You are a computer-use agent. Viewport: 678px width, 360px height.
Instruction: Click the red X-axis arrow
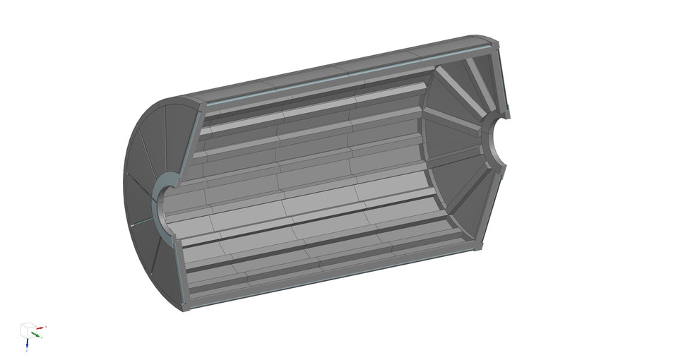point(40,328)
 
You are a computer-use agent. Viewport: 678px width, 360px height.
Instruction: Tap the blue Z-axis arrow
point(27,344)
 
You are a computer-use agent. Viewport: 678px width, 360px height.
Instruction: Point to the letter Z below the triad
point(26,351)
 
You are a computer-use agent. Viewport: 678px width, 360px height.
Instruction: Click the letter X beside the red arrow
point(47,326)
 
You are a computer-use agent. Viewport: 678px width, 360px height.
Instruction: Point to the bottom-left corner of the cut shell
point(185,308)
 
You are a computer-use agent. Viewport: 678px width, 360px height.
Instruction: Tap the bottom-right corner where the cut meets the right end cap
point(477,247)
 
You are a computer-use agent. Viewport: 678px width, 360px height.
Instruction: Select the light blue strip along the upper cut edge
point(346,75)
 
